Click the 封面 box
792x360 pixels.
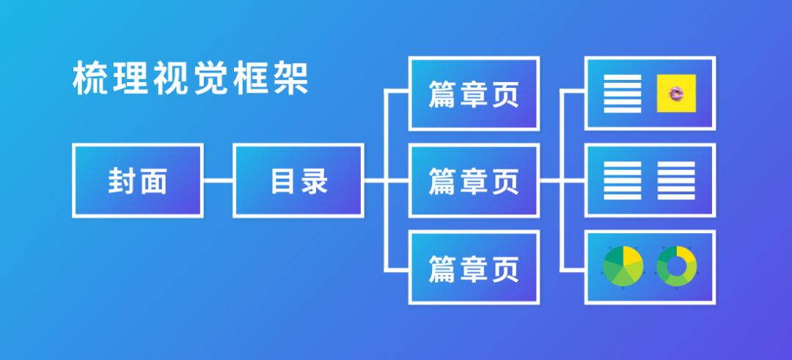[x=137, y=180]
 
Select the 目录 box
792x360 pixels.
[x=298, y=180]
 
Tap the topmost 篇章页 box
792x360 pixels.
[x=474, y=94]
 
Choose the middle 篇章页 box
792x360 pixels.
[x=474, y=180]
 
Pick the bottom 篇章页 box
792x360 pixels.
[x=474, y=268]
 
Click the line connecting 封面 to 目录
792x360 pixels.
[x=218, y=180]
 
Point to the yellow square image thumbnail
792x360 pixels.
[x=675, y=93]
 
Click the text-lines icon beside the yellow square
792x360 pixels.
[x=622, y=93]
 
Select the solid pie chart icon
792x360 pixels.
[x=623, y=266]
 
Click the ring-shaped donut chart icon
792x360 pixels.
[x=677, y=266]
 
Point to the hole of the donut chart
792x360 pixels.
[x=677, y=266]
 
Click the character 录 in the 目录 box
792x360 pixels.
[x=315, y=181]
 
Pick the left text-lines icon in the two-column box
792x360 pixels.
[x=622, y=180]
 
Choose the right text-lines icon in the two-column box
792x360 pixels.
[x=676, y=180]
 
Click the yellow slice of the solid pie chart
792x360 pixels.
[x=632, y=258]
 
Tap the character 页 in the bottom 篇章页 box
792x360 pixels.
[x=506, y=268]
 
